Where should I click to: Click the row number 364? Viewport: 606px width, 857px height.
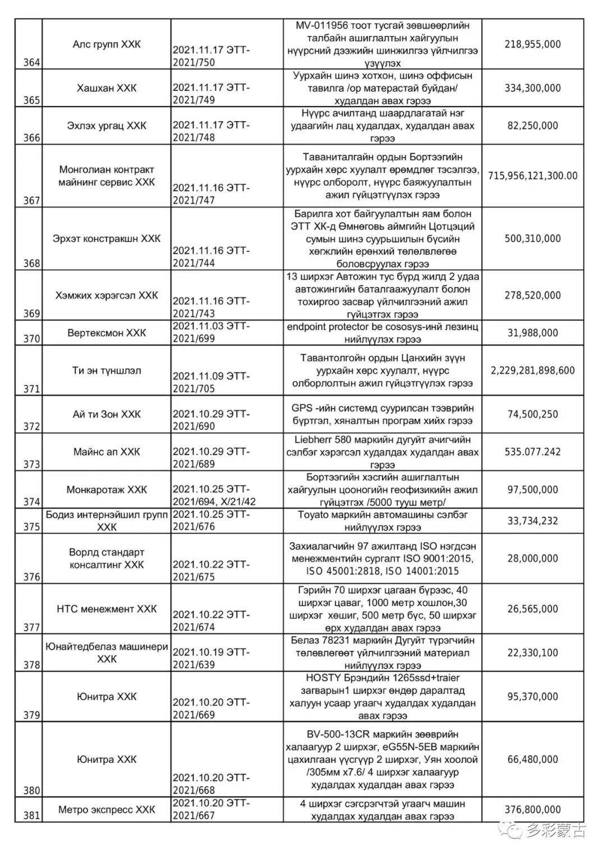[x=31, y=62]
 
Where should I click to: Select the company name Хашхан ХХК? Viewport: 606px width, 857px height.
[x=107, y=88]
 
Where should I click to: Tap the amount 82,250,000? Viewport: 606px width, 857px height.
[x=532, y=125]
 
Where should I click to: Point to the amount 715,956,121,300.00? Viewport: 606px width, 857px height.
[x=532, y=176]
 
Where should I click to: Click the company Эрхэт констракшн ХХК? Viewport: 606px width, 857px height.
[x=107, y=239]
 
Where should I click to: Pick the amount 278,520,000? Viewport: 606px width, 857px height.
[x=532, y=295]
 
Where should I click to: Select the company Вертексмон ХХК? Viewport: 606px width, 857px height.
[x=107, y=333]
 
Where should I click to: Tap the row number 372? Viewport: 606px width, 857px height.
[x=31, y=427]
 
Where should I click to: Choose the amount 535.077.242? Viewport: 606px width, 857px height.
[x=532, y=452]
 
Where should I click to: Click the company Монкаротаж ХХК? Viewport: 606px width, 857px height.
[x=107, y=489]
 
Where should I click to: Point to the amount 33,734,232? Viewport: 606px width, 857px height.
[x=532, y=521]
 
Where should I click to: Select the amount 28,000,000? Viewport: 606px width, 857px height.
[x=532, y=558]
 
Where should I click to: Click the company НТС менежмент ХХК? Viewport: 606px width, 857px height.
[x=107, y=609]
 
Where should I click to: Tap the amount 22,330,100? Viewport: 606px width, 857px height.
[x=532, y=653]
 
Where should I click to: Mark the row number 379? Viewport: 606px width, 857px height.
[x=31, y=715]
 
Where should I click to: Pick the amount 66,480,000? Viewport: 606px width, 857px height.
[x=532, y=759]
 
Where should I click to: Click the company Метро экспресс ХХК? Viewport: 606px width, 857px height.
[x=107, y=810]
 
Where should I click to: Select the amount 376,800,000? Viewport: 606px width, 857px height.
[x=532, y=810]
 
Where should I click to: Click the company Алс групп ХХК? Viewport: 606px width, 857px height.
[x=107, y=44]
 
